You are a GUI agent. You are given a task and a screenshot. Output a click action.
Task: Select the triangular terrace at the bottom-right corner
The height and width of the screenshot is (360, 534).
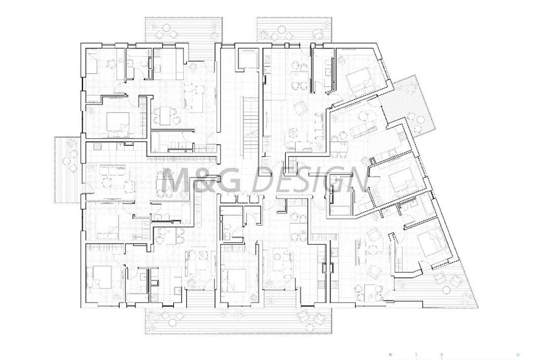[445, 290]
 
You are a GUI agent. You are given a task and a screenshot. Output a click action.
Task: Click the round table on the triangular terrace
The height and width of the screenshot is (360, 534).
[447, 289]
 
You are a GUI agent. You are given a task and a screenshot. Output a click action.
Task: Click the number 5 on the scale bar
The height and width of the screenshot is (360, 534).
[518, 355]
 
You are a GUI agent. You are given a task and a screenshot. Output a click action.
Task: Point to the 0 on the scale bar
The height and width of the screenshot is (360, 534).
[391, 355]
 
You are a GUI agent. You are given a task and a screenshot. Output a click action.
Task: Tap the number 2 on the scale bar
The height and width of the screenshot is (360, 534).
[441, 355]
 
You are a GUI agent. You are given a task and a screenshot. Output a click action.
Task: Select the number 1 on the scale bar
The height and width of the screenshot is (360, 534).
[416, 355]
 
